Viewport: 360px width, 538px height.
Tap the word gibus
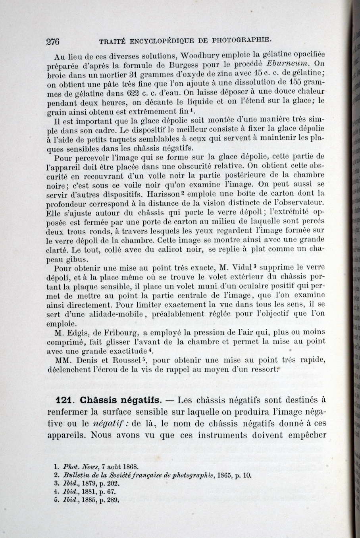point(78,260)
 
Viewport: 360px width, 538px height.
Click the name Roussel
point(126,360)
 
